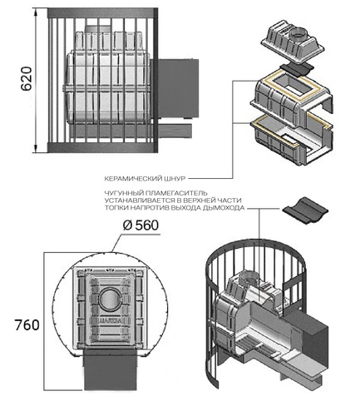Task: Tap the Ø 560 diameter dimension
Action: coord(141,225)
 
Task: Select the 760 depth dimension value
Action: coord(27,325)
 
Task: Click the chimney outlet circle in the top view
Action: coord(110,300)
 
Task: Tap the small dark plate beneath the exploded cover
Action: coord(297,70)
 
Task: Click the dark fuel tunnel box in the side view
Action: coord(178,88)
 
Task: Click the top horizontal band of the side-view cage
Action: coord(103,13)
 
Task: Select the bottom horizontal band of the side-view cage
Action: coord(103,147)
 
